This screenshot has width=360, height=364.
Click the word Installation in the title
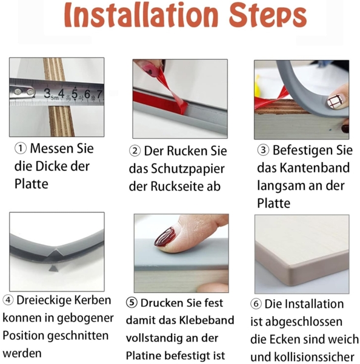click(x=141, y=16)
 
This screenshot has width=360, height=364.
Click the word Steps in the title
click(x=268, y=16)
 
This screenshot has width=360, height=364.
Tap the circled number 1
click(x=21, y=149)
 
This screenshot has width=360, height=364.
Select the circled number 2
click(x=135, y=151)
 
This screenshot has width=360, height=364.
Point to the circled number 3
click(x=263, y=150)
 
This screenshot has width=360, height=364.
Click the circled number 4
click(x=8, y=300)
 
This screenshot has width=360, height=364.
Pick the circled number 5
click(x=132, y=303)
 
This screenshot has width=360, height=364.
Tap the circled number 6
click(x=256, y=304)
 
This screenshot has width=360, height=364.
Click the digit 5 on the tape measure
click(x=75, y=94)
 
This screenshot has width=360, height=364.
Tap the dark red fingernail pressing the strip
click(x=165, y=237)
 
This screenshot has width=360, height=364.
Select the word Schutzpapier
click(x=188, y=169)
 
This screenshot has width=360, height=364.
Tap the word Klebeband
click(x=207, y=320)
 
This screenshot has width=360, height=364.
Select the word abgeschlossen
click(x=304, y=322)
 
